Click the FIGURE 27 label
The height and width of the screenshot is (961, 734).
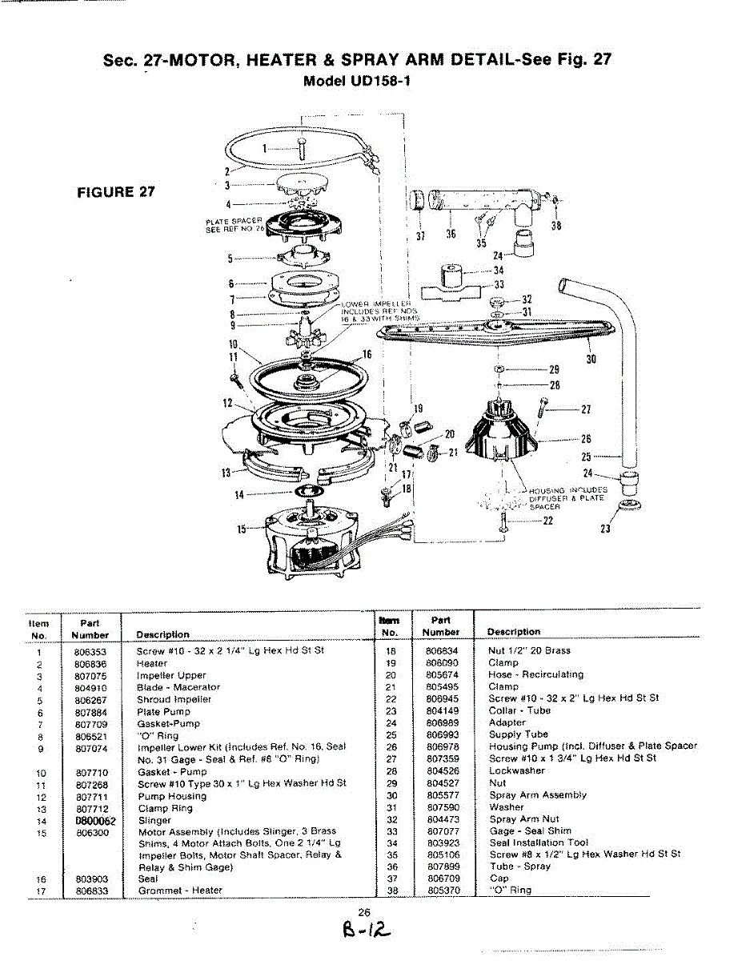coord(116,192)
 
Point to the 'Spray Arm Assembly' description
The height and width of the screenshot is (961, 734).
coord(538,795)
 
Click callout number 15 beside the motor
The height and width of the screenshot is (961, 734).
coord(242,529)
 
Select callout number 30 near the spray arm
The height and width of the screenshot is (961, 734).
coord(592,360)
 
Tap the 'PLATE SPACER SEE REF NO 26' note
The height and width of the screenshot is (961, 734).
coord(235,226)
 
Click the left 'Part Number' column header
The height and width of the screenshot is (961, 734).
coord(90,628)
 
